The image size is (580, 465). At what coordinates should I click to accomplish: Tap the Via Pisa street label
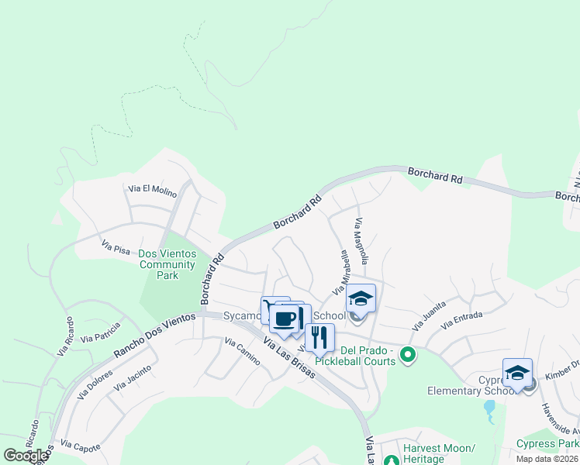[116, 246]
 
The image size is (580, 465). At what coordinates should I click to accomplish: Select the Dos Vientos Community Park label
[167, 264]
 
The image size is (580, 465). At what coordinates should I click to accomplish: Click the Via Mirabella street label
[340, 271]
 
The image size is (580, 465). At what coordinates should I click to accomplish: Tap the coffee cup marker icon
[285, 319]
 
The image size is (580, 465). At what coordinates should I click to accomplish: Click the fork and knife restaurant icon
[319, 338]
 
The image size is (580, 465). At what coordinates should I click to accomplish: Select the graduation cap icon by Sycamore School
[361, 298]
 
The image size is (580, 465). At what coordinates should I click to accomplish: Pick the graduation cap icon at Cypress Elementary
[517, 373]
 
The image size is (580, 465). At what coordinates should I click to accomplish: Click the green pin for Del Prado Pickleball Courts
[407, 356]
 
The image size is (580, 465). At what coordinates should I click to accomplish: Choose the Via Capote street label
[81, 446]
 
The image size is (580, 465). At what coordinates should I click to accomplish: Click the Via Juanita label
[430, 316]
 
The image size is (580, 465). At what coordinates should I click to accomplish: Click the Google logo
[26, 455]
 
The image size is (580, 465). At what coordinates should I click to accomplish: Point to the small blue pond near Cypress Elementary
[489, 411]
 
